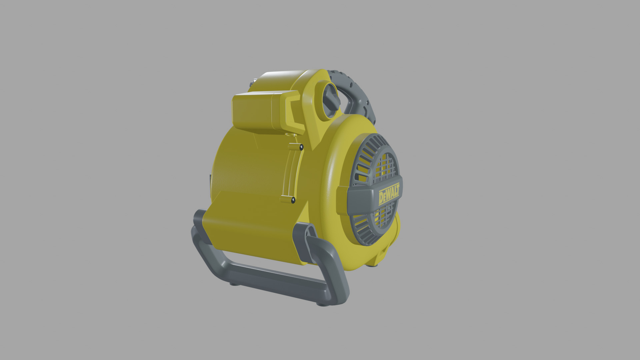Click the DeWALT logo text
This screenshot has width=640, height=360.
coord(389,197)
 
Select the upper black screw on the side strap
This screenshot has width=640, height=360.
coord(301,146)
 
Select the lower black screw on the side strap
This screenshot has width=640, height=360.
coord(293,200)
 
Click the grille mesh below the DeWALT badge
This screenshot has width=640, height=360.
coord(383,220)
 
